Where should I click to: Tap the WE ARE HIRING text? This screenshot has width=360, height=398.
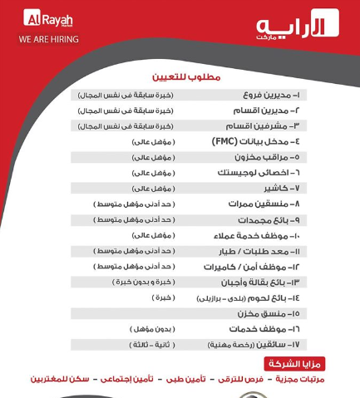click(x=49, y=38)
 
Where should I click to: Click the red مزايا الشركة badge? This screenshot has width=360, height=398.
click(x=294, y=364)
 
